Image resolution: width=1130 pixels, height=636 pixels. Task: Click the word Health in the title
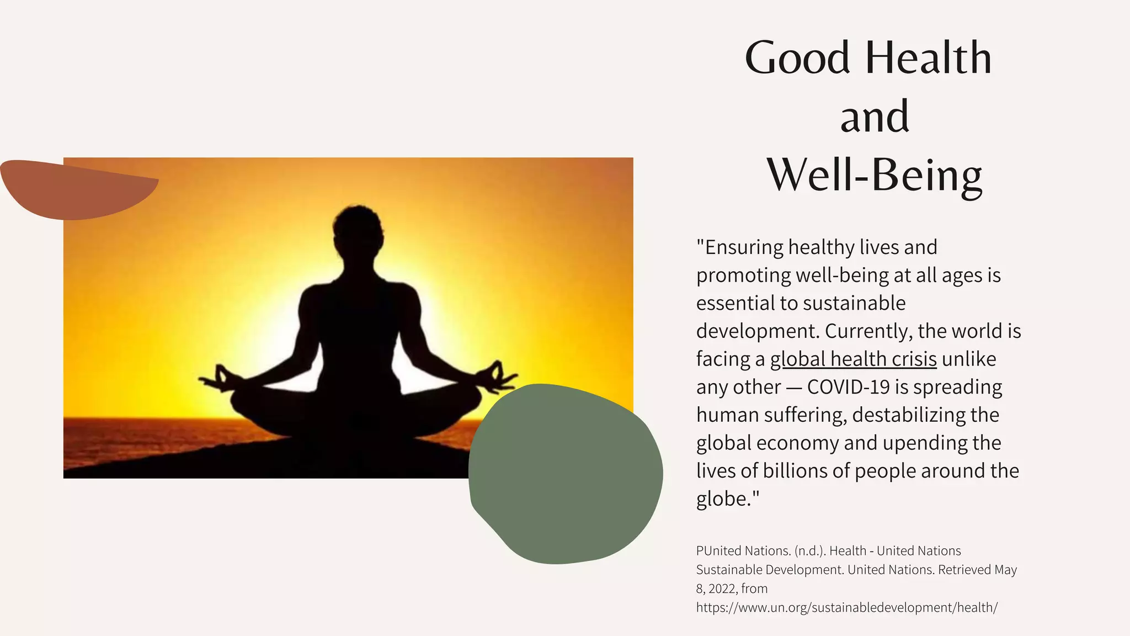928,57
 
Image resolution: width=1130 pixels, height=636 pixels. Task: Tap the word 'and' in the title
875,116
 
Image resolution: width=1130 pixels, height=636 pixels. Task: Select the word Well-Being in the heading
875,175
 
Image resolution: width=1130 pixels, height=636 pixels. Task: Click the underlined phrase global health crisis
853,359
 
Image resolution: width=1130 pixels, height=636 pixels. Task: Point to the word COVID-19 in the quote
848,387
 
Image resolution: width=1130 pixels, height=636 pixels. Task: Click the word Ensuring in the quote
744,247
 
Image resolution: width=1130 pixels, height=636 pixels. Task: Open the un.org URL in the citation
846,607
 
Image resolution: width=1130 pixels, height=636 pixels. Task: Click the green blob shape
565,474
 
